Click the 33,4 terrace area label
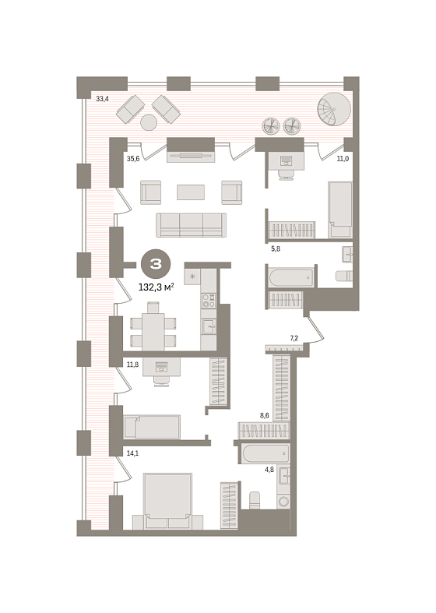(102, 99)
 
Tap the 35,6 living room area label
(133, 159)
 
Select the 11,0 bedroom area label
(343, 159)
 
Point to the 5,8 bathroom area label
(276, 248)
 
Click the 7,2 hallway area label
(294, 338)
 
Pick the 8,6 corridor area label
(265, 416)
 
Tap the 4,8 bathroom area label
(269, 470)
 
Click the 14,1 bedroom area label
(133, 453)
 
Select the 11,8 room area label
(133, 365)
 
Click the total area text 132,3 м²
(156, 287)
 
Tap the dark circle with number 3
(156, 265)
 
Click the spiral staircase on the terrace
(334, 109)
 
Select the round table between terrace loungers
(149, 122)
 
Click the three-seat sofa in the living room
(192, 225)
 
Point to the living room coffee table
(191, 192)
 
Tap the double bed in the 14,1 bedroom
(168, 502)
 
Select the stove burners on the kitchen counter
(209, 300)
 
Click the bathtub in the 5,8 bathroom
(291, 277)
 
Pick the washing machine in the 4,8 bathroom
(283, 502)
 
